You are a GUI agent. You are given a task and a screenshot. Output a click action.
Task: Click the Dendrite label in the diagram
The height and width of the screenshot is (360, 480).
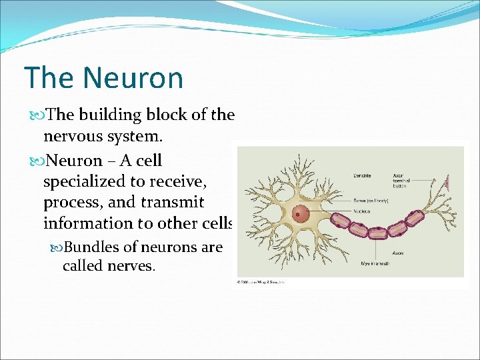362,176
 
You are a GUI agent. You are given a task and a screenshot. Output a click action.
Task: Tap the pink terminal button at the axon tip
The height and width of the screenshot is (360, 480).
449,181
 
